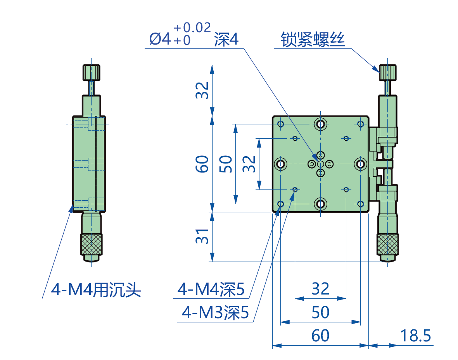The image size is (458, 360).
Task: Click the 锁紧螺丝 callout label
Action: (x=313, y=40)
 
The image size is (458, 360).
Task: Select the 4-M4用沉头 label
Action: (x=96, y=289)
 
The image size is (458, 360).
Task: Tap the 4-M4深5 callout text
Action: (x=211, y=289)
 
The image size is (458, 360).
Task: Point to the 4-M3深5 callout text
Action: (x=215, y=312)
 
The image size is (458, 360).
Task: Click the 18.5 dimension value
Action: (x=415, y=336)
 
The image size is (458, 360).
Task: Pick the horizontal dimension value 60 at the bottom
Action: (x=320, y=336)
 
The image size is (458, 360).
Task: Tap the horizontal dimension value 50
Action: (x=320, y=312)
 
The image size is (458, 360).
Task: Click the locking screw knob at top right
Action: (x=388, y=72)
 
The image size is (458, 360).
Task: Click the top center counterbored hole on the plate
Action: (x=320, y=124)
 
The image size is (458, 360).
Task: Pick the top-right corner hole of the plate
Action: (x=360, y=124)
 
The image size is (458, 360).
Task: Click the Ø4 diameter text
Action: (x=160, y=40)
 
